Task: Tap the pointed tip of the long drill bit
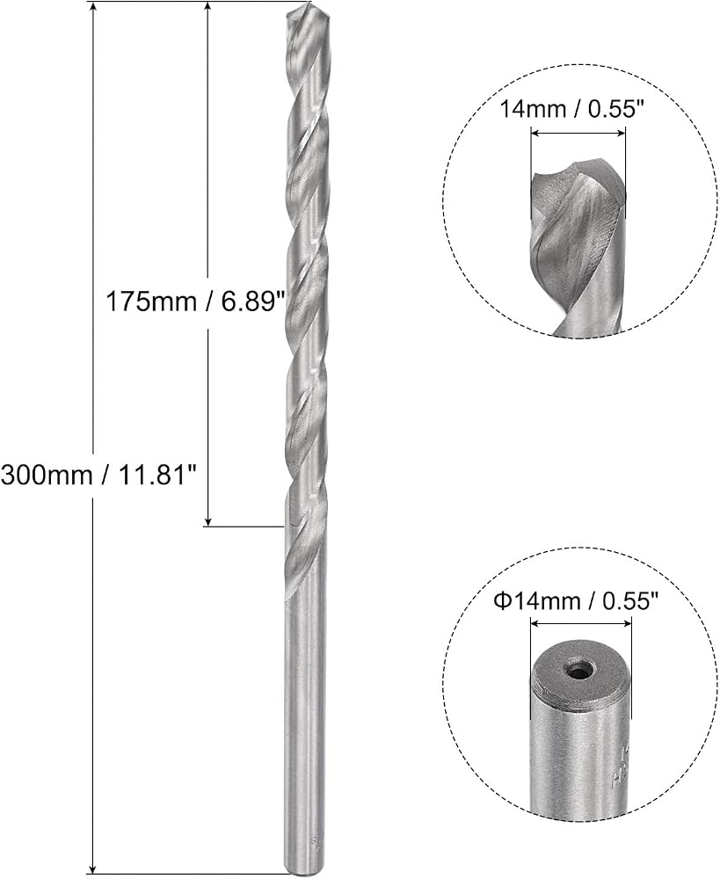click(x=307, y=4)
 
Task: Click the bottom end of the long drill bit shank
click(x=303, y=871)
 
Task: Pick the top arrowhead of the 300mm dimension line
click(x=93, y=8)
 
